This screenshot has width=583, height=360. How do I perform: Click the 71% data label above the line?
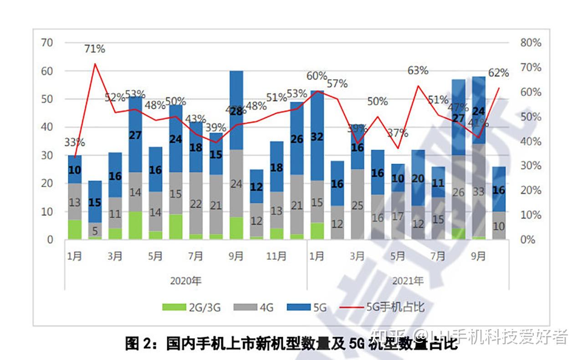click(95, 49)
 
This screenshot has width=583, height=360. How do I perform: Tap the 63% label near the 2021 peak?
click(418, 71)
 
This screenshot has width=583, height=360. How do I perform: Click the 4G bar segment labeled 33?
click(479, 192)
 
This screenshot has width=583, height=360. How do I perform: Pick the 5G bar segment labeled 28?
click(236, 111)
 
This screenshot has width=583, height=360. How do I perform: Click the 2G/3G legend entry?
click(191, 307)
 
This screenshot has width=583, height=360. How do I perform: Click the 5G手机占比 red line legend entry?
click(383, 307)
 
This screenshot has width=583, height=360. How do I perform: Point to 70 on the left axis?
click(47, 43)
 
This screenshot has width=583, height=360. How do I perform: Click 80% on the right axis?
click(531, 43)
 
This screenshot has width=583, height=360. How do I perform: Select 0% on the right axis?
click(531, 239)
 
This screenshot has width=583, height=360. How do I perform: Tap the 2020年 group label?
click(185, 280)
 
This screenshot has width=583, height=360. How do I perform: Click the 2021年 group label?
click(408, 280)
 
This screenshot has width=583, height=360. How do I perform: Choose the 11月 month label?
click(276, 257)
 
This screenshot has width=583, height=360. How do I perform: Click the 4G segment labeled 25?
click(357, 205)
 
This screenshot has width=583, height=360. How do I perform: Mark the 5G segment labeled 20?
click(418, 178)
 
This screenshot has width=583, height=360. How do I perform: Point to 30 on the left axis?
click(47, 155)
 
